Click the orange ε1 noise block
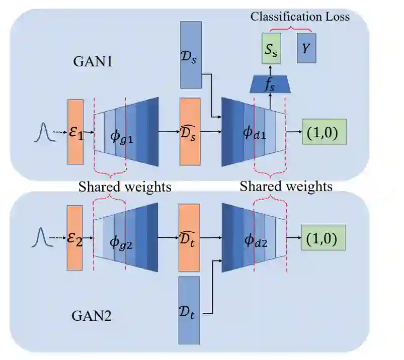[77, 131]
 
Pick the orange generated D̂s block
[190, 131]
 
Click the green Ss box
[271, 49]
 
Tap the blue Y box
[306, 49]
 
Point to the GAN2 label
[92, 317]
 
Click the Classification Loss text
[300, 17]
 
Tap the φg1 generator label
[122, 133]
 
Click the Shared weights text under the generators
[125, 187]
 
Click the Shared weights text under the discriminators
[286, 187]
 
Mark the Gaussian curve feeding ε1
[43, 131]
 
